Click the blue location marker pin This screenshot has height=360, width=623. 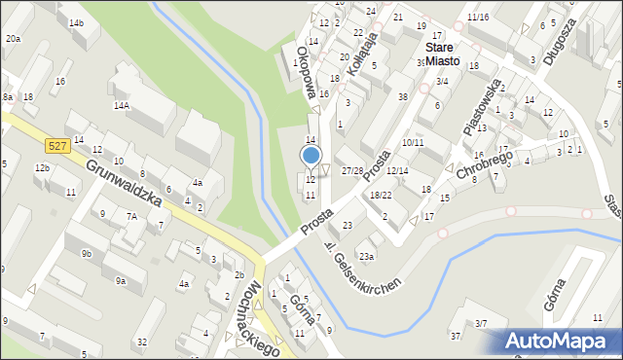click(x=311, y=156)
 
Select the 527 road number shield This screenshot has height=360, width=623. click(x=56, y=145)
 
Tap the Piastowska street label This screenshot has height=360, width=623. click(x=482, y=106)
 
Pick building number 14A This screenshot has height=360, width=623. click(x=121, y=105)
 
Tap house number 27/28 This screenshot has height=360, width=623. click(x=352, y=170)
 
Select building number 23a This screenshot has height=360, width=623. click(x=365, y=256)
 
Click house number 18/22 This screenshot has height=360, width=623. click(x=381, y=196)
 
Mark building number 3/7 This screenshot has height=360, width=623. click(x=481, y=323)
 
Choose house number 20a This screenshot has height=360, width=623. click(x=12, y=39)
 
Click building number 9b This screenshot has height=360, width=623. click(x=87, y=253)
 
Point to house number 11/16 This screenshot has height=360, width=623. click(x=477, y=18)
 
